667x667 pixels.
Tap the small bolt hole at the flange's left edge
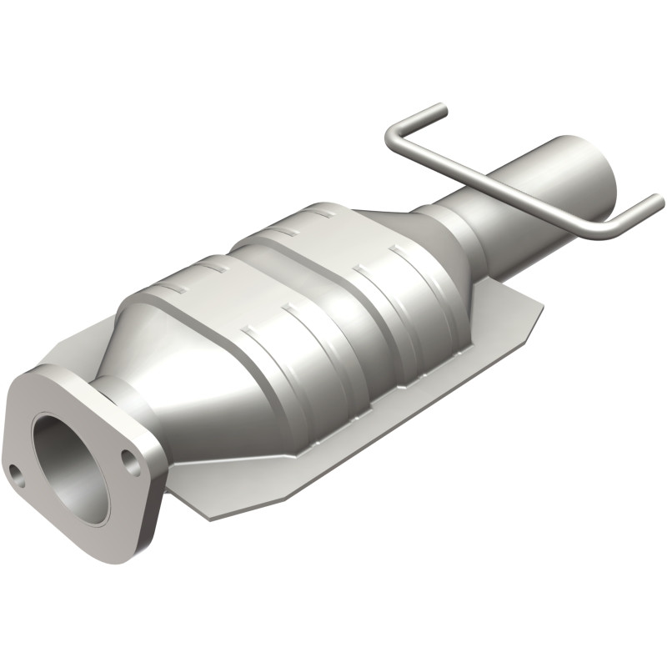(16, 472)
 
